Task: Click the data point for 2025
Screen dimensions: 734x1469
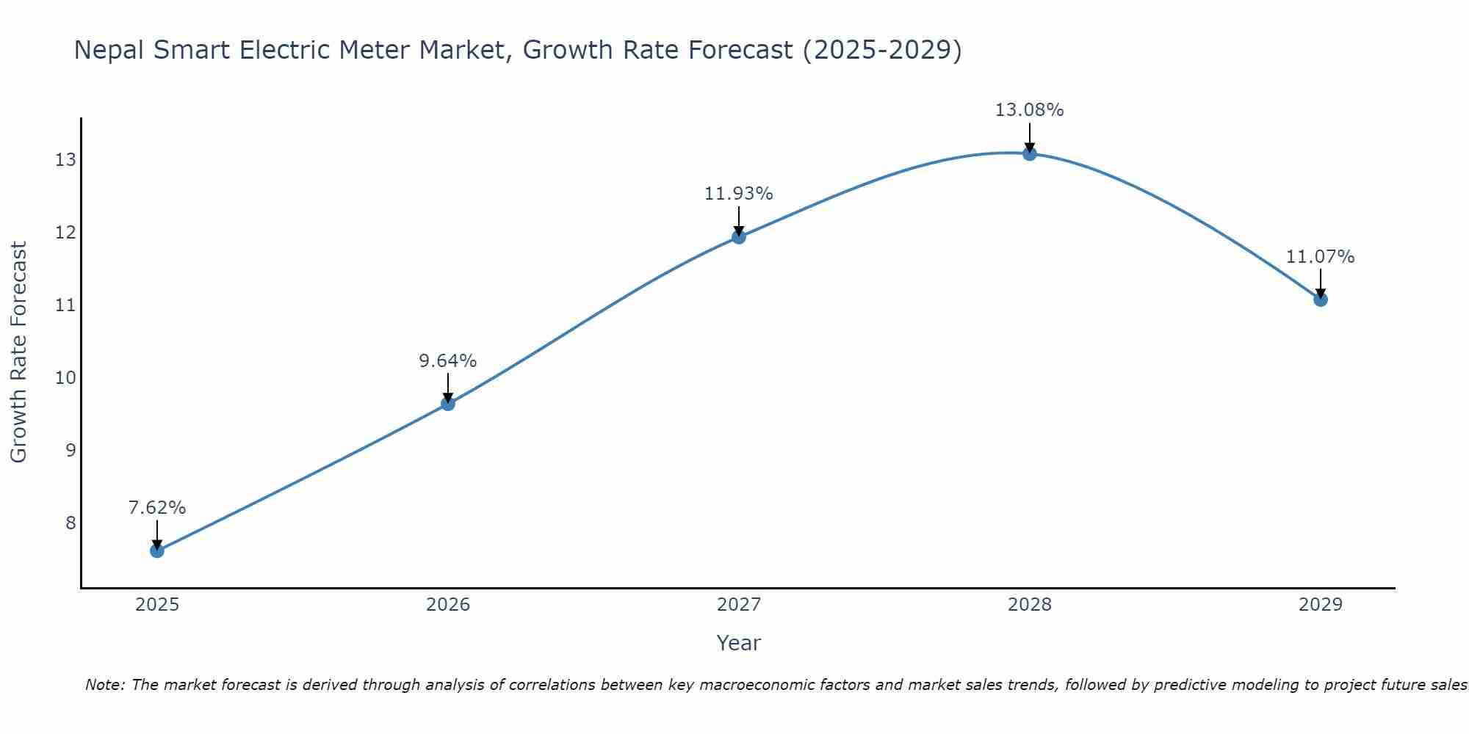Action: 157,550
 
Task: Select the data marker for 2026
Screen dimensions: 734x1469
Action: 448,403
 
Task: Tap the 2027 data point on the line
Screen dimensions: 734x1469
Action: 739,236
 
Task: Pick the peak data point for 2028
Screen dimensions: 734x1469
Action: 1030,153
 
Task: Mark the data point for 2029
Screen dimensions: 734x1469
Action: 1321,299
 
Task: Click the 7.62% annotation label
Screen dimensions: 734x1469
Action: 157,508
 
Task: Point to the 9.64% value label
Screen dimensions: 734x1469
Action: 448,361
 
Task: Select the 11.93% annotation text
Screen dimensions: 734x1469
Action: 739,194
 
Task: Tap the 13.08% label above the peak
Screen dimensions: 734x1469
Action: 1030,110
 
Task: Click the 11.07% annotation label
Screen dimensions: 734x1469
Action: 1321,257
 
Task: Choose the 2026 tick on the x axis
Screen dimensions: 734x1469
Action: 448,605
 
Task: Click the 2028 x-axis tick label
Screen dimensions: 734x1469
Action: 1030,605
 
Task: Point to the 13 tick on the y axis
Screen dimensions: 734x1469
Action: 65,160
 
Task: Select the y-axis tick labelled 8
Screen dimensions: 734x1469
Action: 71,523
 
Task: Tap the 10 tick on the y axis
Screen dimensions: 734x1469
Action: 65,378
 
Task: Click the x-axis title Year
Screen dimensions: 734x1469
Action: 739,643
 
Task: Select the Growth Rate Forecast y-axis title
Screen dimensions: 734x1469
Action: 18,352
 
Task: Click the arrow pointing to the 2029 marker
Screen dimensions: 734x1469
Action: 1321,282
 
